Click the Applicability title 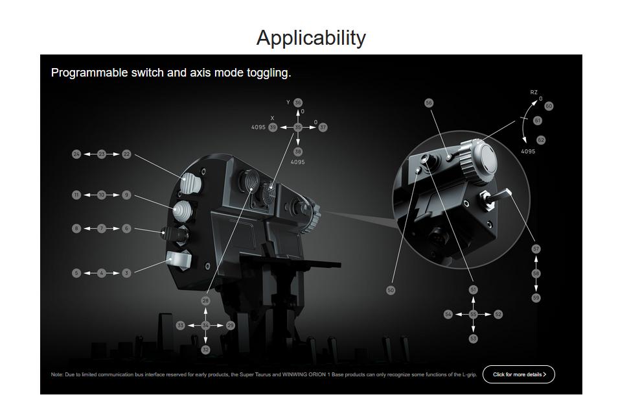[x=311, y=38]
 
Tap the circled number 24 [x=76, y=154]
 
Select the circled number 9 [x=126, y=195]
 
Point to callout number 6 [x=126, y=228]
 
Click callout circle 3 [x=126, y=273]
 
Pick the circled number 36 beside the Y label [x=298, y=103]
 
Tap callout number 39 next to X [x=273, y=127]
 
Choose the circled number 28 [x=205, y=301]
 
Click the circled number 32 [x=205, y=350]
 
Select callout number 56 [x=429, y=103]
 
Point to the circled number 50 [x=391, y=290]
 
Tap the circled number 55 [x=473, y=315]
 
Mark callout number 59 [x=536, y=298]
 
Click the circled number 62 [x=541, y=140]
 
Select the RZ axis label [x=534, y=93]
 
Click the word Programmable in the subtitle [x=89, y=73]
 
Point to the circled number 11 [x=76, y=195]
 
